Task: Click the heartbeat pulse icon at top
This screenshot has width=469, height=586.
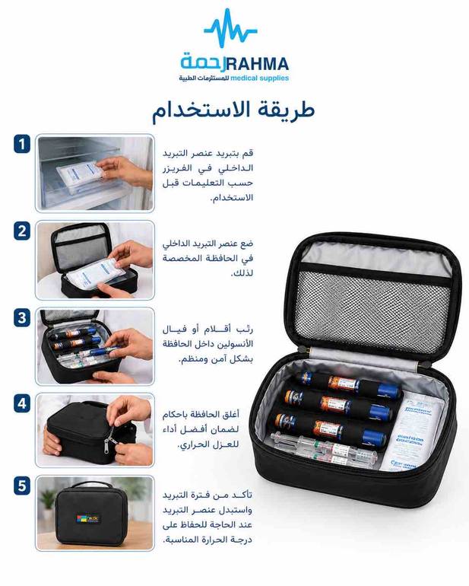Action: point(231,29)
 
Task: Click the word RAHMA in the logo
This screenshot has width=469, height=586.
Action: point(258,64)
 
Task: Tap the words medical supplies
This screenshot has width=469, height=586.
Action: point(260,78)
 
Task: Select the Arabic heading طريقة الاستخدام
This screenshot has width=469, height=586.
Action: point(233,110)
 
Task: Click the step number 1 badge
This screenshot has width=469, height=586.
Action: point(22,144)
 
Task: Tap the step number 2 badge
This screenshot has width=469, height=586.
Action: point(22,231)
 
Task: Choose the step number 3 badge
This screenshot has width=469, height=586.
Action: point(22,317)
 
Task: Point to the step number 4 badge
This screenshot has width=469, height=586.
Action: point(22,403)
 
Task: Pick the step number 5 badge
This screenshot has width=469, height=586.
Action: point(22,486)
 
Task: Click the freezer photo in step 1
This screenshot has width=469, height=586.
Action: point(95,174)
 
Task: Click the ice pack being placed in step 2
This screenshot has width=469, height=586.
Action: point(96,273)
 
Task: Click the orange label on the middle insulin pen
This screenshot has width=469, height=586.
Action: point(335,404)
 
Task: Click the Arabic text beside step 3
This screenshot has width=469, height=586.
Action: point(208,345)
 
